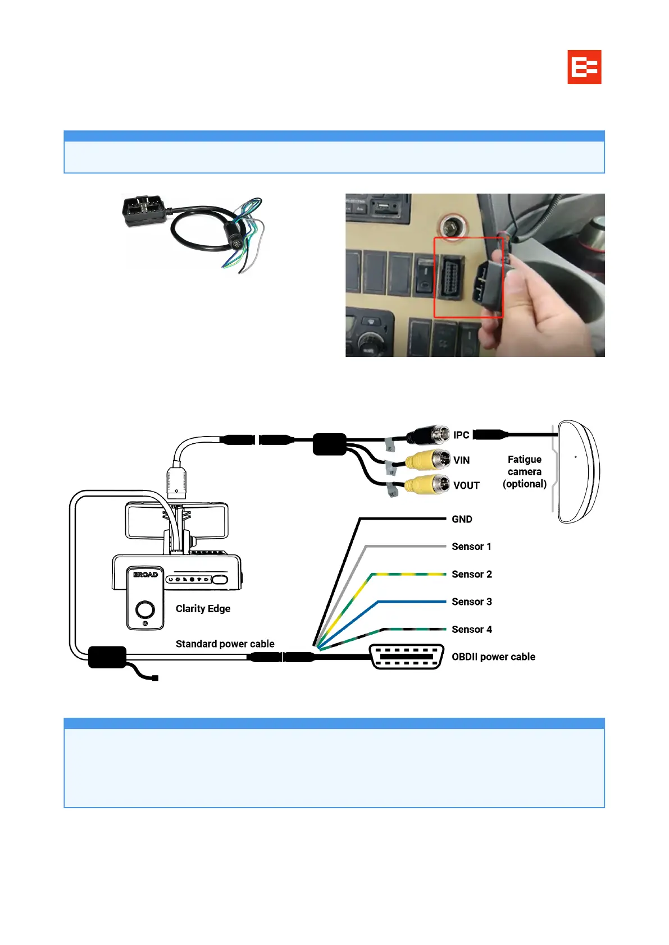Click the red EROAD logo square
point(584,67)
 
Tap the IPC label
point(461,435)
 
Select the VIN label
point(461,460)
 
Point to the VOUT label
point(466,485)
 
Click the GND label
point(462,519)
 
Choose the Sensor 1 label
point(471,547)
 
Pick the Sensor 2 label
point(471,574)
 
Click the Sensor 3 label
point(471,602)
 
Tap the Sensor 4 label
point(471,629)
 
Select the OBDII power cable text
point(493,657)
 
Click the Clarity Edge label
point(203,608)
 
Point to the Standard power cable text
point(225,644)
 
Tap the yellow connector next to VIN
point(428,460)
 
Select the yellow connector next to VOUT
point(428,485)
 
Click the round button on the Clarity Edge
point(145,609)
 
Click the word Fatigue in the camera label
point(524,459)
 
